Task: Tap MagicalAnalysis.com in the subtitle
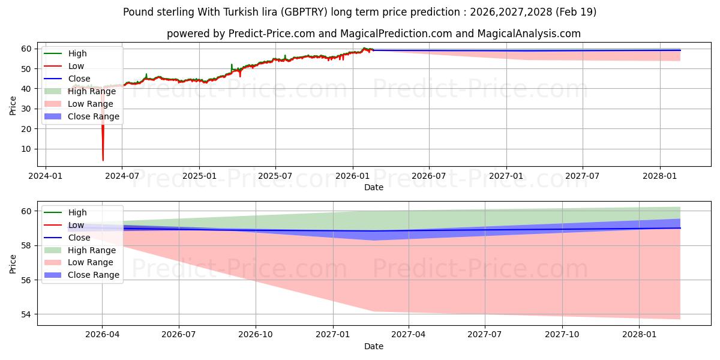529,34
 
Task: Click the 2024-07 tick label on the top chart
122,176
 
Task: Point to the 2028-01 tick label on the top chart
660,176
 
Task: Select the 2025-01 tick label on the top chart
199,176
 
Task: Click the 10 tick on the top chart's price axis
26,149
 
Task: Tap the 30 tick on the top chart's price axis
26,109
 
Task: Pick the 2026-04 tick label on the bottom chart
102,335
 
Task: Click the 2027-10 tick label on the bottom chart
562,335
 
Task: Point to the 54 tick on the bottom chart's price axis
26,314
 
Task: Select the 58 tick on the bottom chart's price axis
26,246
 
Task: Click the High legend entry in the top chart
77,53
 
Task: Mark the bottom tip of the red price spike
103,160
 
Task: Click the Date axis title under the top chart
374,187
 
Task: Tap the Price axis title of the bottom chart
13,264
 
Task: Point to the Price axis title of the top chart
13,106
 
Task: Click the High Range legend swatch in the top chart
53,91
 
